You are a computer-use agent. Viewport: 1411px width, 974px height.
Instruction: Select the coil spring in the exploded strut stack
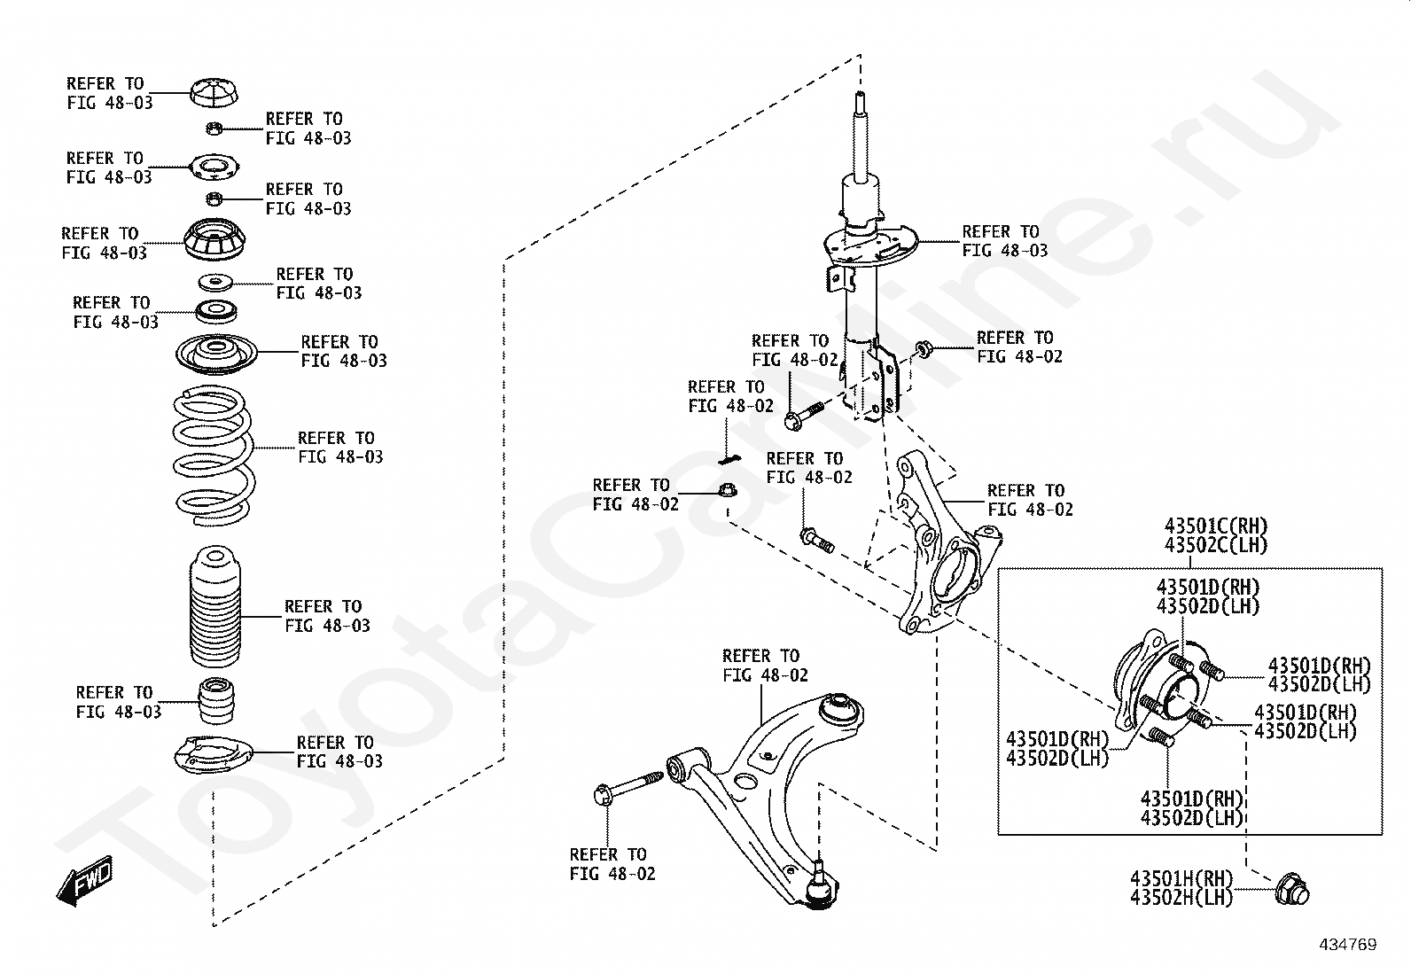213,452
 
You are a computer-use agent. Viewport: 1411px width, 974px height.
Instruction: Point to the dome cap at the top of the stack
214,91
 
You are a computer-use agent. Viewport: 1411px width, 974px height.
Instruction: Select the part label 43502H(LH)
1181,897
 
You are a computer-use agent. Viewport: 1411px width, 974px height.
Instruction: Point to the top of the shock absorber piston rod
859,99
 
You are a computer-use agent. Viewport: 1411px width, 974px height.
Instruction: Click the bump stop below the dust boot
216,699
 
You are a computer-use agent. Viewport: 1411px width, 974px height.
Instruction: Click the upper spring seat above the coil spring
216,355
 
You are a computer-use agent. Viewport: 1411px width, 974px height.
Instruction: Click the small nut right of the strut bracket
923,348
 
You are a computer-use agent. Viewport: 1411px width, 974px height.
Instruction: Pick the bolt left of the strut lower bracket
804,414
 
